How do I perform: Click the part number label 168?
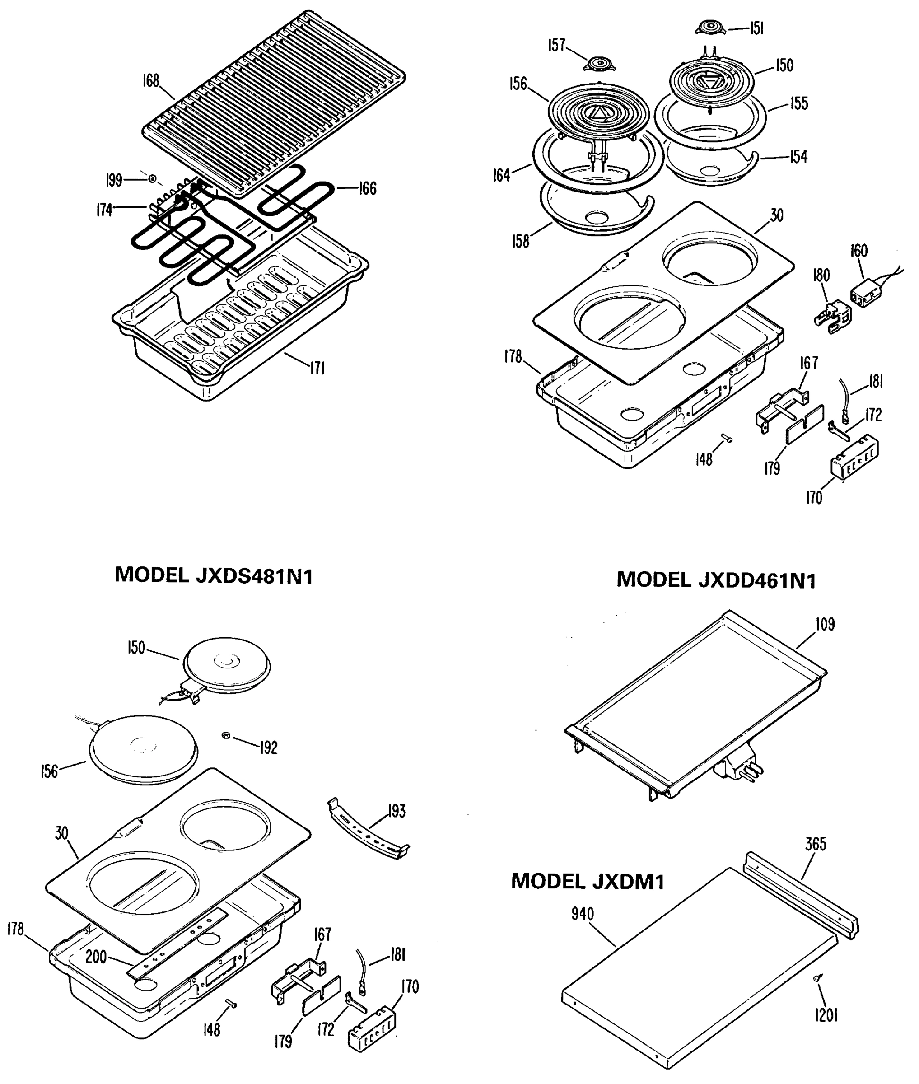click(x=152, y=82)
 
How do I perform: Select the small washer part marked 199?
click(x=152, y=179)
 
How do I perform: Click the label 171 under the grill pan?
click(x=318, y=369)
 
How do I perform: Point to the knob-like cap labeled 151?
click(x=710, y=28)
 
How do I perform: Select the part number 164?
click(x=501, y=176)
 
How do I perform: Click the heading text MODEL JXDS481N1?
click(x=214, y=576)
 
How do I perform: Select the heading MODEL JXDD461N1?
click(x=716, y=580)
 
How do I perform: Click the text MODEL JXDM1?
click(x=588, y=881)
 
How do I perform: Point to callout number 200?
click(x=96, y=957)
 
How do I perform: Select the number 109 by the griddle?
click(x=825, y=624)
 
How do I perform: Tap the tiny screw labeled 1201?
click(x=816, y=979)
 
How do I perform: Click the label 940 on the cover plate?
click(x=583, y=914)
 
